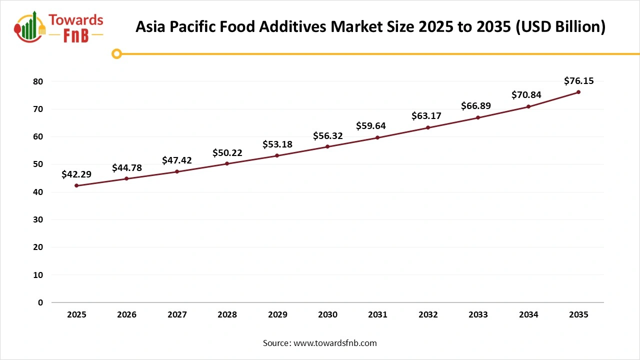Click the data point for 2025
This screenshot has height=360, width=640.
click(76, 185)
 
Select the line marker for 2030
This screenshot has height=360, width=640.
click(327, 146)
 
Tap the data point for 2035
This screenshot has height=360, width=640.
click(578, 92)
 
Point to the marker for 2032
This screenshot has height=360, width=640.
click(428, 127)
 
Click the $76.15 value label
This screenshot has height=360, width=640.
click(578, 80)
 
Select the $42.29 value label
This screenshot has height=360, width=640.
click(76, 174)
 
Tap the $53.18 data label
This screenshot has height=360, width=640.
click(277, 144)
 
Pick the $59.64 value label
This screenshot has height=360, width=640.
click(371, 125)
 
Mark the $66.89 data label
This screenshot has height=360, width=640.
click(476, 105)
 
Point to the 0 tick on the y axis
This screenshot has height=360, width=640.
click(40, 302)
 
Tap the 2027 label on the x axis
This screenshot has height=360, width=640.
click(177, 315)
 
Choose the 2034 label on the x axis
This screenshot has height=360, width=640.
click(528, 315)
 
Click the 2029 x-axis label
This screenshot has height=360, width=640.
click(277, 315)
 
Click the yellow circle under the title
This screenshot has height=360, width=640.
click(116, 53)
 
